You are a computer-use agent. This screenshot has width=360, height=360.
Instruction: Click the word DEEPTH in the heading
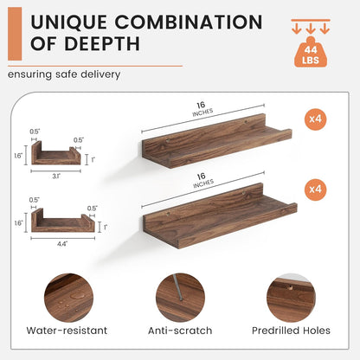click(x=101, y=44)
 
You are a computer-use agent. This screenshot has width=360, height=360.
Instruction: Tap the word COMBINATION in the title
click(x=189, y=22)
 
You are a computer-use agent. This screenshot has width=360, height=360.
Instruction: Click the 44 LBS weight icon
click(x=311, y=52)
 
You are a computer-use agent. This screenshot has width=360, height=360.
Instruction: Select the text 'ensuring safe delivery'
click(x=64, y=74)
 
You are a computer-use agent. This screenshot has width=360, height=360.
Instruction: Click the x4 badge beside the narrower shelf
click(x=315, y=119)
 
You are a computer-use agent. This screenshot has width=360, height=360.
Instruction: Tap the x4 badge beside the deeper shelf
click(x=315, y=190)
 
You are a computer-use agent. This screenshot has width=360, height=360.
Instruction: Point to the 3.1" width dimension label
click(x=56, y=176)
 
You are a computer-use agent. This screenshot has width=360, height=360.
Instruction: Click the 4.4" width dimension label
click(x=62, y=244)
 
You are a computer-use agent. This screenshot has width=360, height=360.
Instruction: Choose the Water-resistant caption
click(x=67, y=331)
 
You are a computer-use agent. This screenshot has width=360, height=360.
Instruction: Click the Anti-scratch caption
click(x=180, y=331)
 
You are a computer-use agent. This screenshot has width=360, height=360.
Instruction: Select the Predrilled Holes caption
click(x=291, y=331)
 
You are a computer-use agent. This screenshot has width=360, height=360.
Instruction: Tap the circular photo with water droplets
click(x=68, y=298)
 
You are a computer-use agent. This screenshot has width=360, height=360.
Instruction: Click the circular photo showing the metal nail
click(x=180, y=298)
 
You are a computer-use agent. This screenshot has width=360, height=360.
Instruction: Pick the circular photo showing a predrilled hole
click(x=291, y=298)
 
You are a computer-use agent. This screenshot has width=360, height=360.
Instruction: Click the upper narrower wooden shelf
click(x=217, y=141)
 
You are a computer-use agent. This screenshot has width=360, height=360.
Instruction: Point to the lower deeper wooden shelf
click(x=220, y=215)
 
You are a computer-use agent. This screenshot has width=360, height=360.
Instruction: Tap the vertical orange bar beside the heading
click(x=15, y=34)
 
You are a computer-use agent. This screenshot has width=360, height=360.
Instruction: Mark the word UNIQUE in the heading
click(x=68, y=22)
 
